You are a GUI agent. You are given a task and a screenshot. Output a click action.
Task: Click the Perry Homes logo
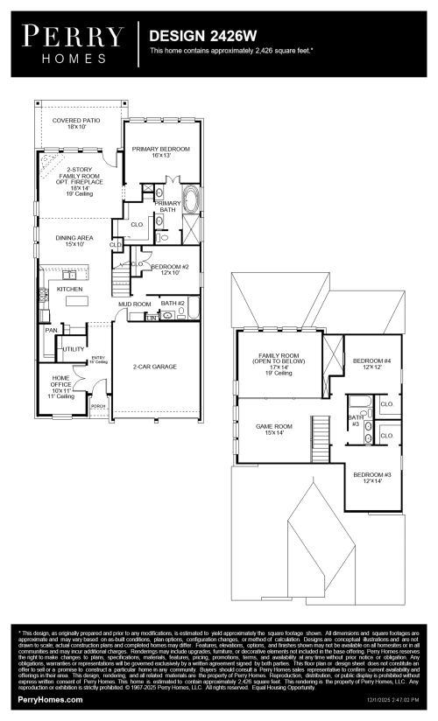coord(73,42)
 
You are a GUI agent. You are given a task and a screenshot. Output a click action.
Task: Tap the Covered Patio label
coord(76,123)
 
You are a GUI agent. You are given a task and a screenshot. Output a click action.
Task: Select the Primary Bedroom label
coord(161,152)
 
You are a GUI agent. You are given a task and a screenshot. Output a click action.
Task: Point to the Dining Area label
coord(74,241)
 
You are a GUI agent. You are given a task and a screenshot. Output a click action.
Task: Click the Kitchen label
coord(69,289)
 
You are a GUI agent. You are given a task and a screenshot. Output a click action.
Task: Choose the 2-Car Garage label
coord(155,367)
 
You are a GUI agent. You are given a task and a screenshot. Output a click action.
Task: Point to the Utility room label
coord(74,349)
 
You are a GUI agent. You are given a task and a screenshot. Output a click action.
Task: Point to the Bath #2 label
coord(173,303)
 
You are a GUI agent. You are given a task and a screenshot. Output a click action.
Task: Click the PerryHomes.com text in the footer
coord(50,700)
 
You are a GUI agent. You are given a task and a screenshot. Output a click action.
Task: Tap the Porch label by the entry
coord(98,406)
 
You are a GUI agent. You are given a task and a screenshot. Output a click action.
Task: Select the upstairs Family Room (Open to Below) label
coord(280,361)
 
